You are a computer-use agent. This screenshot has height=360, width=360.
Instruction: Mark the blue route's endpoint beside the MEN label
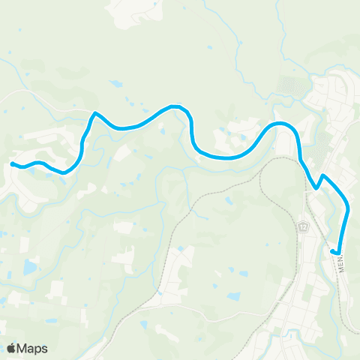pyautogui.click(x=333, y=250)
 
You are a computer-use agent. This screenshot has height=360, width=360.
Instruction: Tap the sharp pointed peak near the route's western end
pyautogui.click(x=94, y=114)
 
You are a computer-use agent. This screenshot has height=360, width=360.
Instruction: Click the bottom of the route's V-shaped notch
pyautogui.click(x=316, y=189)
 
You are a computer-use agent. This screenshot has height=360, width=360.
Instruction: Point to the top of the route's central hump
pyautogui.click(x=177, y=106)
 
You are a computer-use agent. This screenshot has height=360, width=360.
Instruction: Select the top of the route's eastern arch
pyautogui.click(x=282, y=123)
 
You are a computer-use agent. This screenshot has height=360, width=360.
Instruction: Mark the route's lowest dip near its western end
pyautogui.click(x=64, y=172)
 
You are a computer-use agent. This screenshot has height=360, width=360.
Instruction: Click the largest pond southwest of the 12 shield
pyautogui.click(x=233, y=297)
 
